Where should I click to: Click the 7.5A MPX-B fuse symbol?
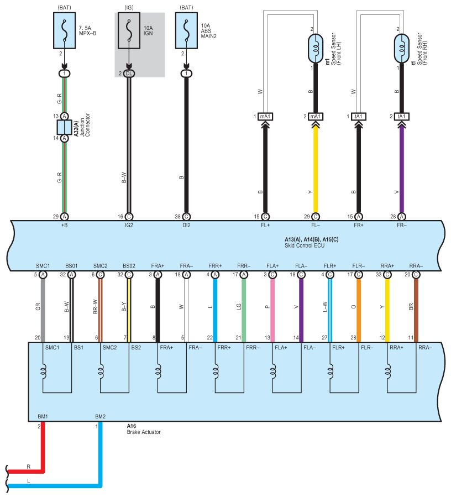[x=65, y=30]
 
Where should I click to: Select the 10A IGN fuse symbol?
[x=129, y=30]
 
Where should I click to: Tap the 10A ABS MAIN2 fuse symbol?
[x=186, y=30]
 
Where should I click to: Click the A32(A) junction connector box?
[x=65, y=127]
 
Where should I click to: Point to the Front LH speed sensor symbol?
[x=316, y=49]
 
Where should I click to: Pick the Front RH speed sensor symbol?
[x=401, y=49]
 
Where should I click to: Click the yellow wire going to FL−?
[x=316, y=170]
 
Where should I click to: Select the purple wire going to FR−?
[x=401, y=170]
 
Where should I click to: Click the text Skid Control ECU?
[x=305, y=245]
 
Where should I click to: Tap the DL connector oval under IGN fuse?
[x=129, y=74]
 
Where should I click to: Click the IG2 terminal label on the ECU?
[x=129, y=225]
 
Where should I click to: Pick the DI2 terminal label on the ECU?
[x=186, y=225]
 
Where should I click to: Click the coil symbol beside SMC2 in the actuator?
[x=101, y=371]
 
